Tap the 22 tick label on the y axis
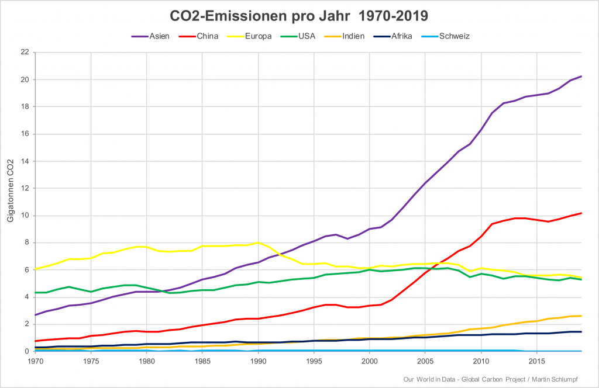(24, 52)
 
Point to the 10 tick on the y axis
(24, 216)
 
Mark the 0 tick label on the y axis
(26, 351)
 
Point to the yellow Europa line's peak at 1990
(258, 243)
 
